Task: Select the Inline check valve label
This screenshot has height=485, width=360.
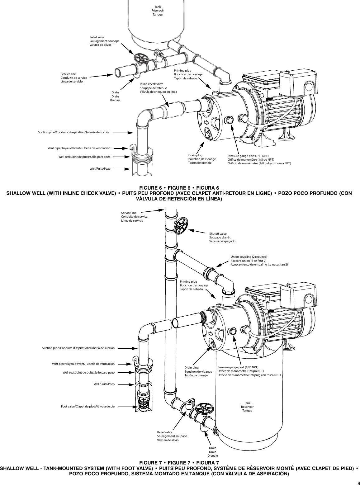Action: pyautogui.click(x=158, y=88)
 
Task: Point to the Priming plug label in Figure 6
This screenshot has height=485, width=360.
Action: pyautogui.click(x=188, y=75)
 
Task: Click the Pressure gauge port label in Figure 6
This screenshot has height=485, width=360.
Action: pyautogui.click(x=259, y=159)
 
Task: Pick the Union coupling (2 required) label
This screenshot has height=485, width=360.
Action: pyautogui.click(x=259, y=261)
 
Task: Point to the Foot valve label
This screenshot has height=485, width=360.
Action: pyautogui.click(x=88, y=407)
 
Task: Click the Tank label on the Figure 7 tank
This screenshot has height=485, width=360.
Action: pyautogui.click(x=247, y=407)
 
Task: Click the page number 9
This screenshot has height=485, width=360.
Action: pyautogui.click(x=355, y=481)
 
